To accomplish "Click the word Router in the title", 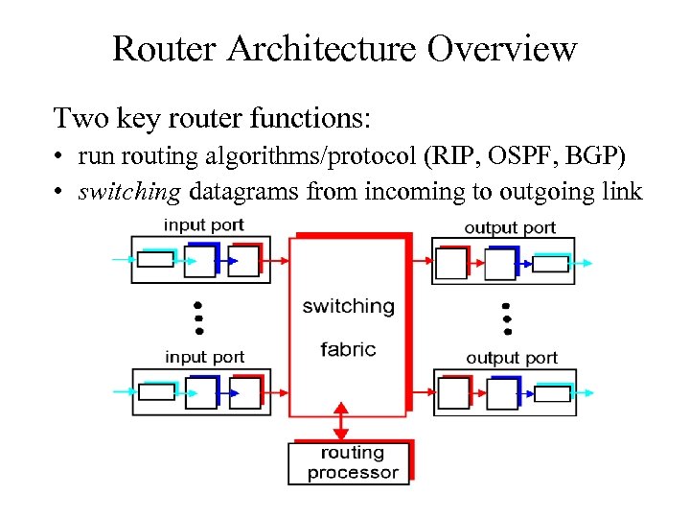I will click(x=166, y=48).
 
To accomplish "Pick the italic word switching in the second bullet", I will click(x=129, y=192).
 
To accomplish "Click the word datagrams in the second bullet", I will click(x=245, y=192).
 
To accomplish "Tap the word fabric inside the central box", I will click(x=348, y=349).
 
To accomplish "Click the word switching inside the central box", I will click(x=348, y=307).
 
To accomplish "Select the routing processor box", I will click(x=350, y=462).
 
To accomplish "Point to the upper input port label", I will click(x=204, y=225).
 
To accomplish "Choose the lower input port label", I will click(x=204, y=357).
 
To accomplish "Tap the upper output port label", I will click(x=510, y=227).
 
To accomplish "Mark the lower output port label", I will click(x=512, y=358).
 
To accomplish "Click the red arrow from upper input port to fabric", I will click(x=279, y=260).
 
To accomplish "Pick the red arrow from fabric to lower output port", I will click(x=422, y=391).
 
